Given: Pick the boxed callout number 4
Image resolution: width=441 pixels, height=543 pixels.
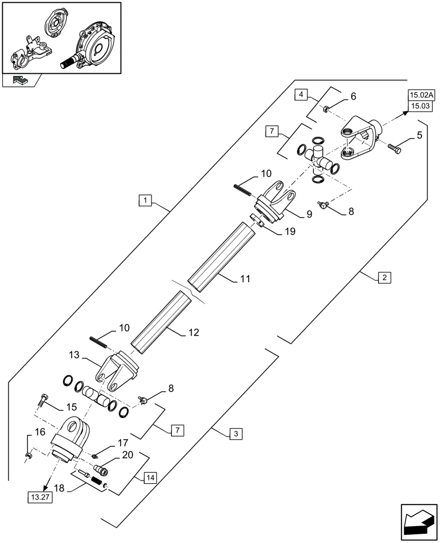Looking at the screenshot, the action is tap(300, 96).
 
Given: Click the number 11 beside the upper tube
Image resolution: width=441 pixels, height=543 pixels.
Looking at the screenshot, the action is tap(245, 279).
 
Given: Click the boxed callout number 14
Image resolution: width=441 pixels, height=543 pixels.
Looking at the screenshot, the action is tap(150, 478).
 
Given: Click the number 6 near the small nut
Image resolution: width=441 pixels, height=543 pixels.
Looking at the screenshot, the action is tap(353, 97).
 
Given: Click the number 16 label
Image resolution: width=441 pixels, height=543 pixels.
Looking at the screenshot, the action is tap(39, 432).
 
